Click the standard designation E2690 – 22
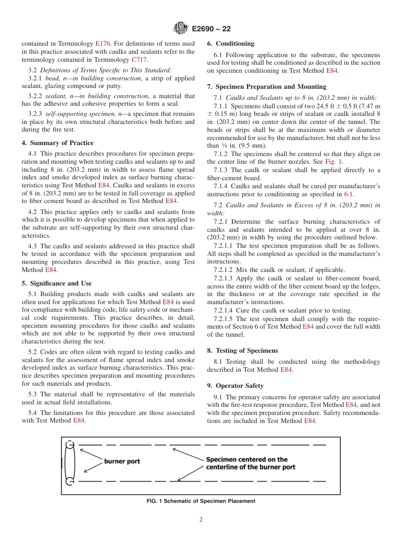211,29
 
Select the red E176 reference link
103,44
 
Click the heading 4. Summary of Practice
58,143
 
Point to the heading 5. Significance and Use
57,283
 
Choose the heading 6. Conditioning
231,44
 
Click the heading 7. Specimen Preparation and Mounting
267,87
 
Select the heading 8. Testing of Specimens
242,351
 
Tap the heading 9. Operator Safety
235,386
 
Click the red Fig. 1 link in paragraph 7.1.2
333,162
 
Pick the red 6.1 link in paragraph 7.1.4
348,194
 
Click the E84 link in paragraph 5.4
79,420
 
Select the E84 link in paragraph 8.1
286,370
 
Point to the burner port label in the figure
122,461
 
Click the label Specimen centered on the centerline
251,463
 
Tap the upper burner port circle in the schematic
70,445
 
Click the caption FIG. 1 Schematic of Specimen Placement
201,501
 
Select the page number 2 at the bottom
201,520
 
